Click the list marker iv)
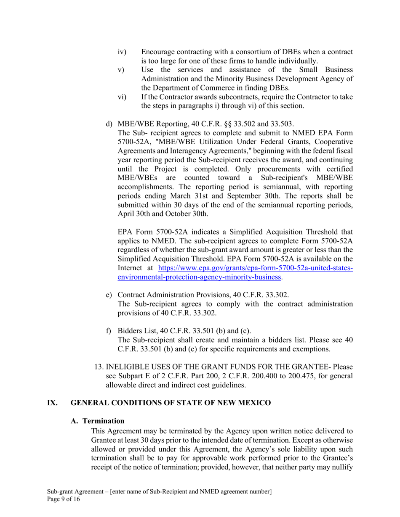pyautogui.click(x=121, y=52)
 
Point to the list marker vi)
pyautogui.click(x=121, y=97)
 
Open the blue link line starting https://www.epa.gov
pyautogui.click(x=255, y=268)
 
